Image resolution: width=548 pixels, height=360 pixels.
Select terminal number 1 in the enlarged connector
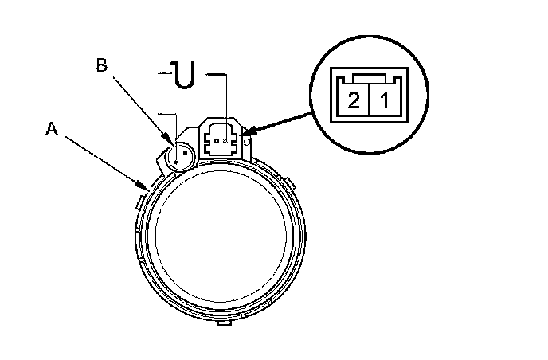point(383,101)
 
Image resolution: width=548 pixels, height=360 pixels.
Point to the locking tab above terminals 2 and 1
point(369,78)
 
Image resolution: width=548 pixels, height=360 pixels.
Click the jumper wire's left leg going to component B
point(160,112)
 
